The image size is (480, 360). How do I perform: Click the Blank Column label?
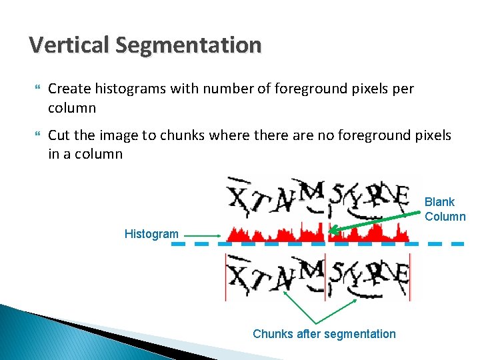point(445,209)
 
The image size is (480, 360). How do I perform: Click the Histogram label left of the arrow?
point(151,234)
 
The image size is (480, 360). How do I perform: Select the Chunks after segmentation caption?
point(324,334)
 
